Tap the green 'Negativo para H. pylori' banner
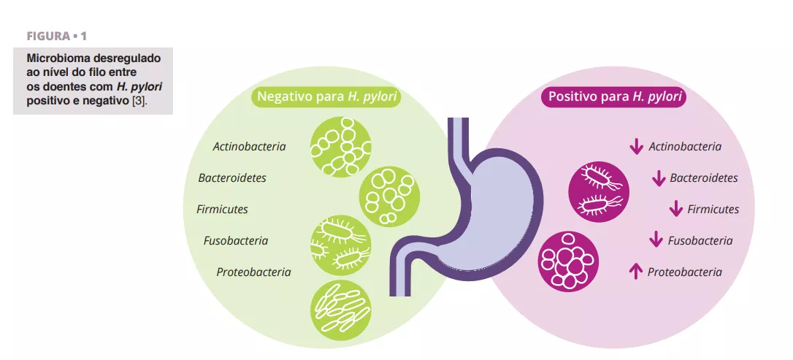[326, 97]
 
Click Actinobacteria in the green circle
[249, 147]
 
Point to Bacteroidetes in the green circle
[232, 177]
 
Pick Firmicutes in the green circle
[222, 210]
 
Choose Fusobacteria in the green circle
[236, 241]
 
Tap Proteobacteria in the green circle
[253, 272]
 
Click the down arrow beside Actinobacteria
[636, 147]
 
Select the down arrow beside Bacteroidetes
[658, 178]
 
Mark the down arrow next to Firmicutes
[675, 210]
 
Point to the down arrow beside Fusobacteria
[656, 240]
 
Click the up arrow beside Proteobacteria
[635, 272]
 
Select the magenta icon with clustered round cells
[568, 261]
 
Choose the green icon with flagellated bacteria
[340, 245]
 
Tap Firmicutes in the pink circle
[713, 210]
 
